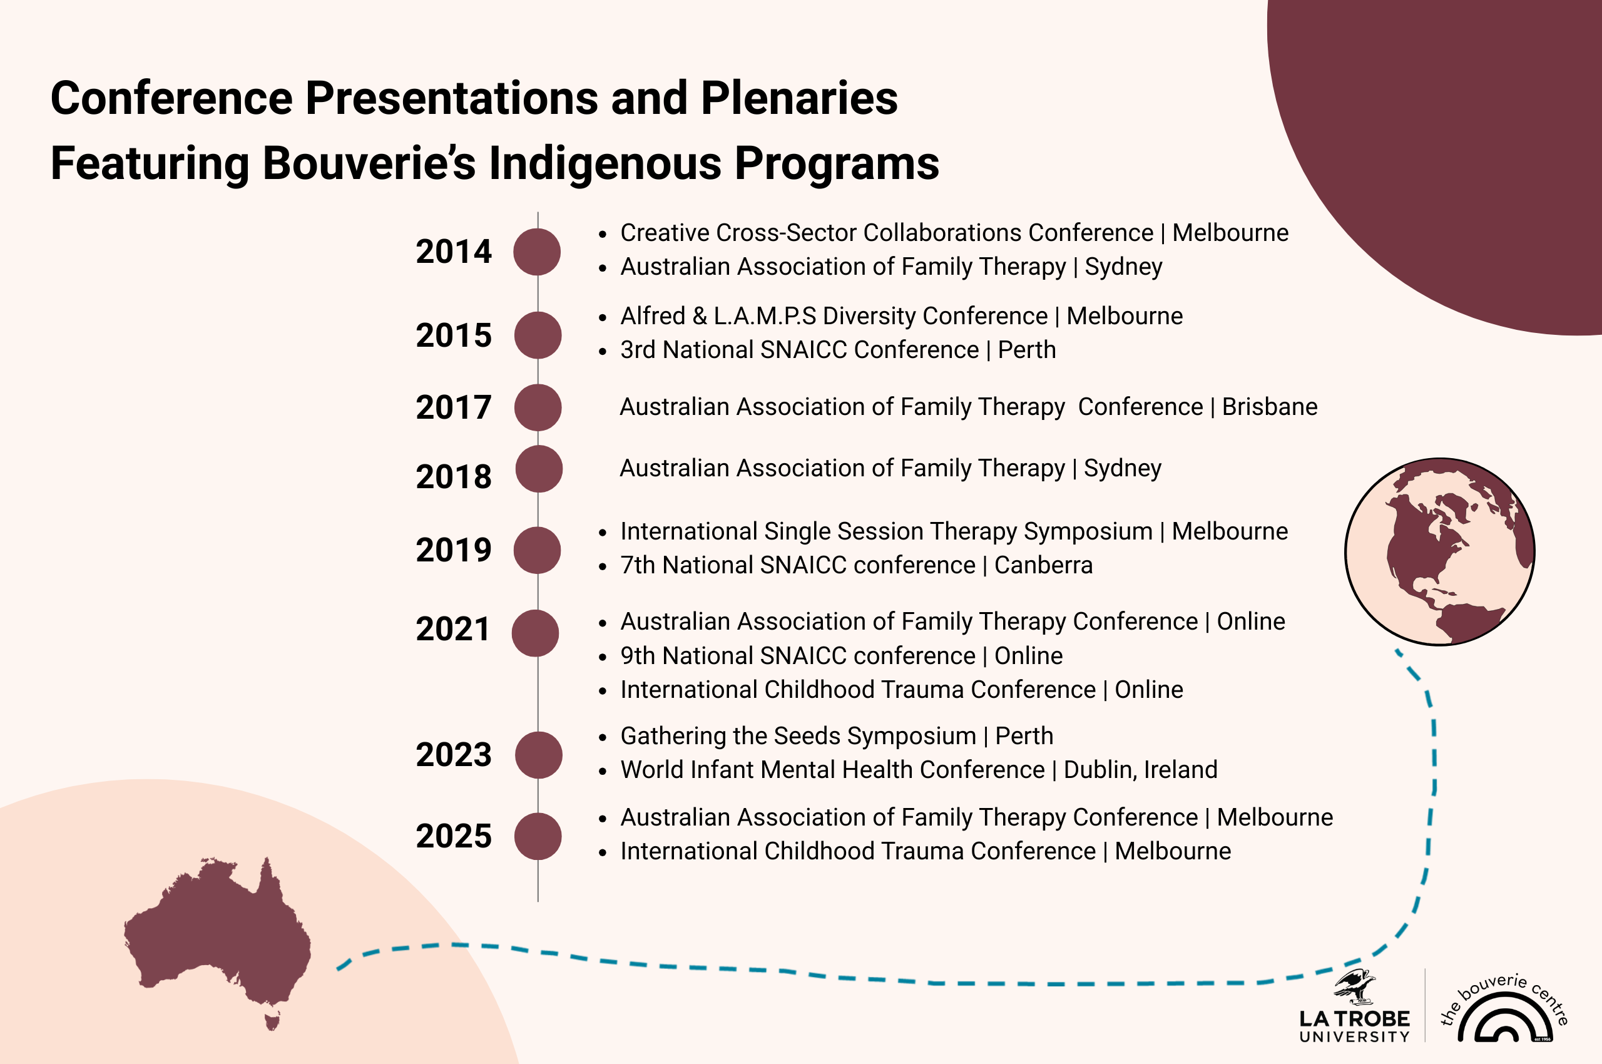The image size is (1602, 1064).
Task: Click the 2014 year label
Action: coord(453,252)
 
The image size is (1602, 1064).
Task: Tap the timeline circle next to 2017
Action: coord(538,408)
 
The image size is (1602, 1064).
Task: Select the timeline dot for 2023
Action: coord(538,755)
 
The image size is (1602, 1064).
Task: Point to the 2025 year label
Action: coord(453,836)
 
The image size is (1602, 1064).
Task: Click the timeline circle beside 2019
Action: coord(537,550)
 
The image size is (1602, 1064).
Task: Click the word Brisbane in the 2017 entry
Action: coord(1270,407)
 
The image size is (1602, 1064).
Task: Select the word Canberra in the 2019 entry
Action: coord(1044,565)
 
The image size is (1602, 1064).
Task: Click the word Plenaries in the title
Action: coord(799,98)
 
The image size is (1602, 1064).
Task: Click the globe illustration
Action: coord(1440,551)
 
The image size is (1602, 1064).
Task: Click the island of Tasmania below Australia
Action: coord(273,1021)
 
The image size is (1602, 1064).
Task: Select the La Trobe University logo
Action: coord(1354,1007)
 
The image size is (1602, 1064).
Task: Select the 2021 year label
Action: coord(452,630)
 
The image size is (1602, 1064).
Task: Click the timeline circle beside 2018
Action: coord(539,469)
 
